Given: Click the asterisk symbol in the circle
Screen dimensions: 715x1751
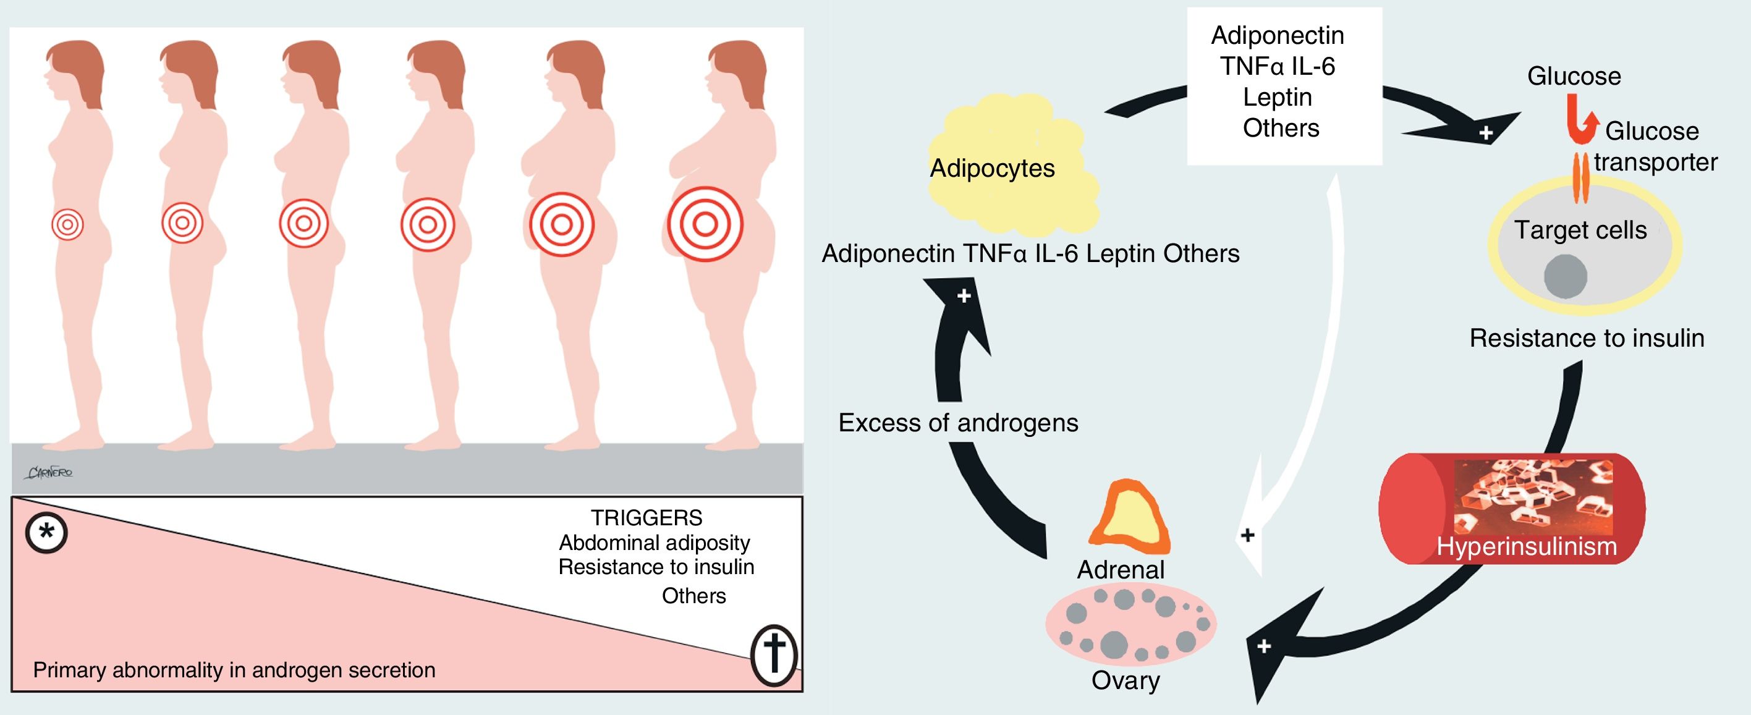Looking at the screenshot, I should point(46,532).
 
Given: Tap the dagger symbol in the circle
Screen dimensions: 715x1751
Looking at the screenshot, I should point(774,655).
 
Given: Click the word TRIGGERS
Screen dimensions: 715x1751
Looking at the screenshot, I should point(646,518).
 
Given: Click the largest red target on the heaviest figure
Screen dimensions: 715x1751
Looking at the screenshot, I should point(705,224).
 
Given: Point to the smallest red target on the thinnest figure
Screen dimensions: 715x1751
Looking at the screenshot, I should point(67,224).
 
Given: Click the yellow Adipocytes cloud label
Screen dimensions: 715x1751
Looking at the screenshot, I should point(992,169).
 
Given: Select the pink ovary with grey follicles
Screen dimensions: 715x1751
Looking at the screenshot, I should point(1130,624).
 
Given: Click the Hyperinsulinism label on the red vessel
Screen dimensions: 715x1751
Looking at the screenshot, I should point(1526,546).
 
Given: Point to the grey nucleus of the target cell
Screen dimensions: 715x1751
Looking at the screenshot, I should point(1565,277).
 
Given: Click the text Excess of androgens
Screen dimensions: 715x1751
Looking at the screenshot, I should point(958,423).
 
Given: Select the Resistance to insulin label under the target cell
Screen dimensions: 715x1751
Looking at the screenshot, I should point(1587,338).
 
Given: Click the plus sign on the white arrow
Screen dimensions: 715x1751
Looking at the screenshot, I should point(1247,535).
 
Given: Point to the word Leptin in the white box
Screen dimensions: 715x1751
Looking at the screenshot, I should point(1277,97).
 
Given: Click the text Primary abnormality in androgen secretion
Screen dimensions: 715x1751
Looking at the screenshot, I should point(234,670).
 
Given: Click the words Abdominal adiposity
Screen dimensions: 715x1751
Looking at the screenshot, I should point(654,543).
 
